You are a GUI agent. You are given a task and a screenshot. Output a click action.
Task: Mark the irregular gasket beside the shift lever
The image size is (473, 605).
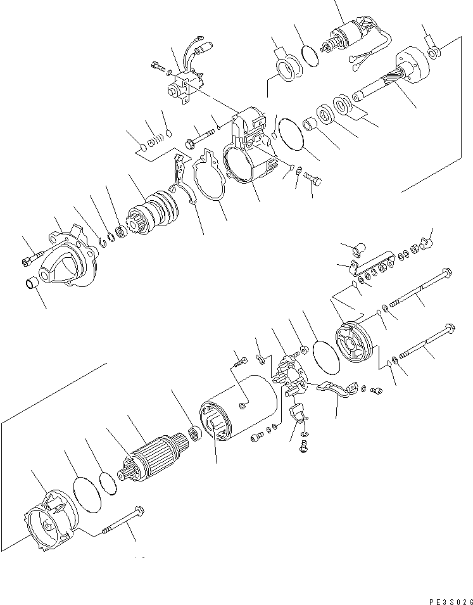(x=208, y=177)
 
